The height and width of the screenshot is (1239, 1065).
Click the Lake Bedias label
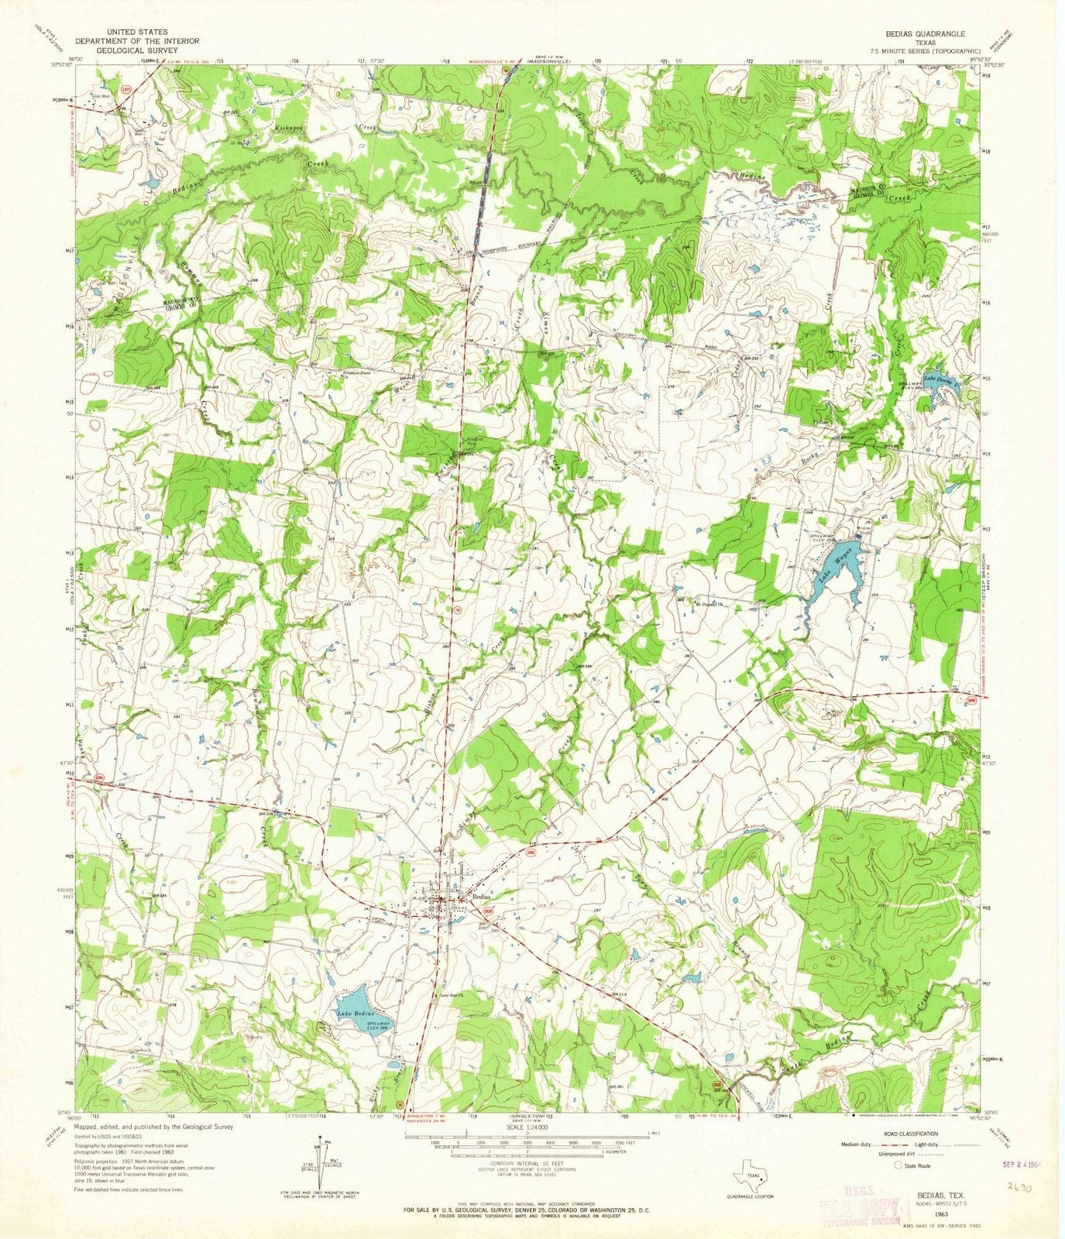(x=356, y=1013)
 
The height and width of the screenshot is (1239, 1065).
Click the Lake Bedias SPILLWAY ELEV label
(x=380, y=1026)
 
